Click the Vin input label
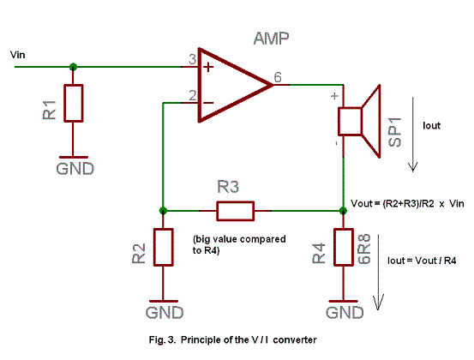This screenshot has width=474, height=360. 17,55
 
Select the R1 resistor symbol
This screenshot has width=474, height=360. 74,103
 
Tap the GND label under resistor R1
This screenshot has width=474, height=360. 75,169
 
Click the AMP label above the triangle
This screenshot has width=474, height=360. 271,39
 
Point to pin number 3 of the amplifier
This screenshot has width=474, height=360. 192,59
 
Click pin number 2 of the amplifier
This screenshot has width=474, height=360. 193,95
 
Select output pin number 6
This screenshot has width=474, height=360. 278,77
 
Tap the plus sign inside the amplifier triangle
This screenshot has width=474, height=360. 208,67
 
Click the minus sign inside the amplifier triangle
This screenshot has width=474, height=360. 208,103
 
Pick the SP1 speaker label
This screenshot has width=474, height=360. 395,132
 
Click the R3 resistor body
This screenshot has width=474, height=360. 236,211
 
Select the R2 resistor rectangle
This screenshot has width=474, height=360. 164,247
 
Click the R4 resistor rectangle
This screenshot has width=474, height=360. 344,247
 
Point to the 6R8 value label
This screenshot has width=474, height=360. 364,249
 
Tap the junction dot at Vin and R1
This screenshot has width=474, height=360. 73,67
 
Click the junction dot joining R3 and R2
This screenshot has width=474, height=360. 163,211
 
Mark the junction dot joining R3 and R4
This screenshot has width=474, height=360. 344,211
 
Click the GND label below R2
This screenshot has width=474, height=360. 165,313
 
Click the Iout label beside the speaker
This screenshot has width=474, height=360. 431,125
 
